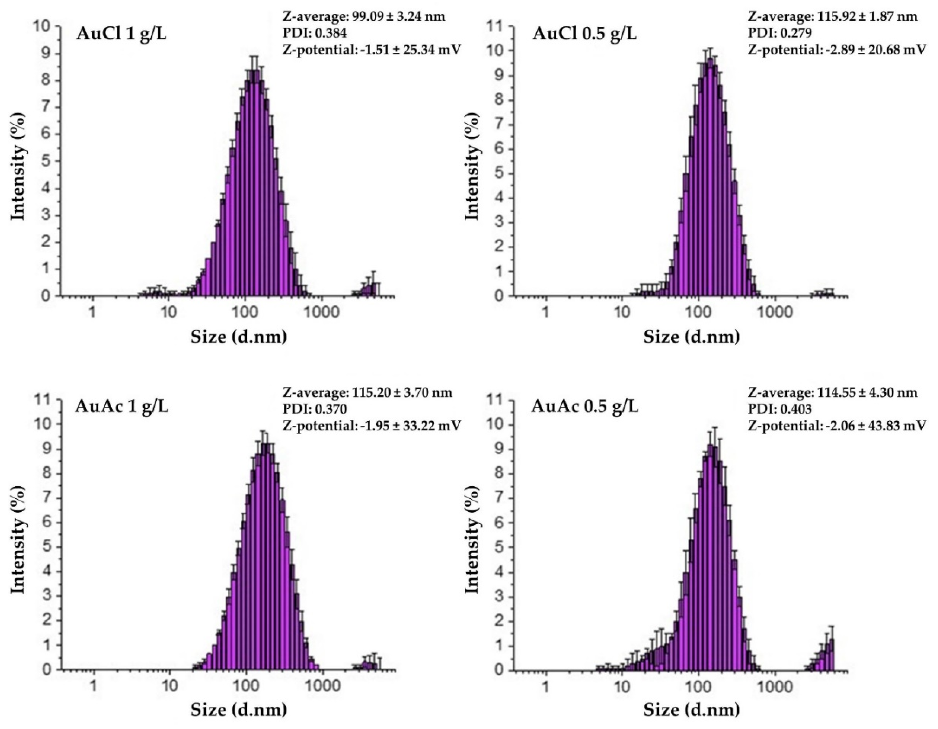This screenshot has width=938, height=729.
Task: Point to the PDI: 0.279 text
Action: (x=780, y=33)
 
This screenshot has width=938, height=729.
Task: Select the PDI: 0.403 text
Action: (x=780, y=409)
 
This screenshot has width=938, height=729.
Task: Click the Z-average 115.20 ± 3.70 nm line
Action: (x=367, y=393)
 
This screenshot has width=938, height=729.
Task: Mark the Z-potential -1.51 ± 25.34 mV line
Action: (x=372, y=50)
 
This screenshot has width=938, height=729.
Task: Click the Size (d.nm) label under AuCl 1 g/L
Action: (x=239, y=337)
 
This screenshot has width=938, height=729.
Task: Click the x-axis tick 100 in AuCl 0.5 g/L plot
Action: (x=698, y=312)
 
